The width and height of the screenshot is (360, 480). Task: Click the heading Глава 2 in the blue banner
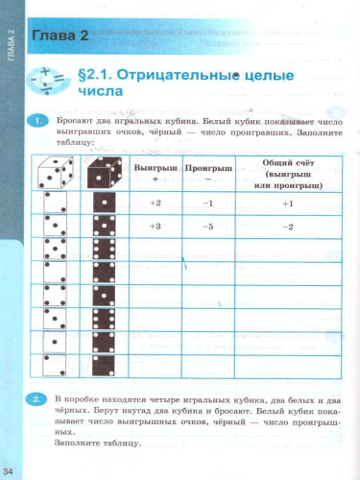[60, 37]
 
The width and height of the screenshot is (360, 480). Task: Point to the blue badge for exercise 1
[36, 121]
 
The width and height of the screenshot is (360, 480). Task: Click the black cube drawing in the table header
[101, 173]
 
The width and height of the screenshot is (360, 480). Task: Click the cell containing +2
[156, 204]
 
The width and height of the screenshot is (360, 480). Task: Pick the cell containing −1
[206, 204]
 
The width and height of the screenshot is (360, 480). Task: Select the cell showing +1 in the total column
[286, 204]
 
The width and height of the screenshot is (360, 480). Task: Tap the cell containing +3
[156, 226]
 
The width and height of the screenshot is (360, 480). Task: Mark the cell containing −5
[206, 226]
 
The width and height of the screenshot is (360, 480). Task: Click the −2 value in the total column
[286, 226]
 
